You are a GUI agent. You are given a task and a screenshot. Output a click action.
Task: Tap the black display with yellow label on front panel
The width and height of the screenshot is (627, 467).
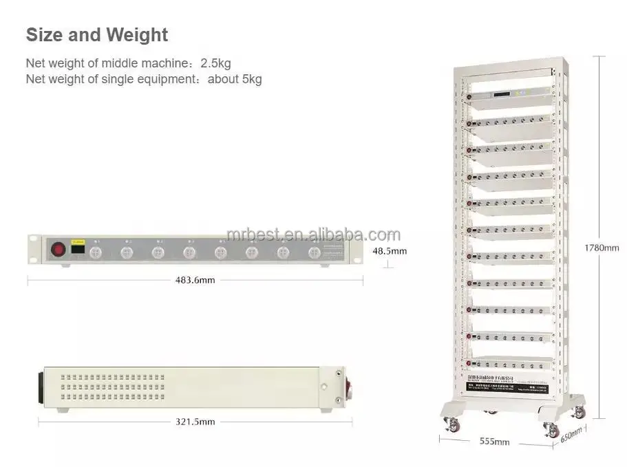pos(78,250)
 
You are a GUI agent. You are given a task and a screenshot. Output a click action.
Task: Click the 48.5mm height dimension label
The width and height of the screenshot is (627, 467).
pos(390,251)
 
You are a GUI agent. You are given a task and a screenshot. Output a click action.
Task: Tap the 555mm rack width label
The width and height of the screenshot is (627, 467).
pos(495,441)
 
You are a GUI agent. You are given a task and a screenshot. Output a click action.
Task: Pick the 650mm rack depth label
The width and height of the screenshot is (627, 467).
pos(571,435)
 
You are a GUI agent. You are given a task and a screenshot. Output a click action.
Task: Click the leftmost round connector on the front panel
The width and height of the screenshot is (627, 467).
pos(96,252)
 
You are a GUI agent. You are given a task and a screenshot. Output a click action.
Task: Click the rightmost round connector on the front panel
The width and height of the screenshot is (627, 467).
pos(313,252)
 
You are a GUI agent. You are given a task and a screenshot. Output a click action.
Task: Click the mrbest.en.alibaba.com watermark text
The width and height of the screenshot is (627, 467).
pos(312,235)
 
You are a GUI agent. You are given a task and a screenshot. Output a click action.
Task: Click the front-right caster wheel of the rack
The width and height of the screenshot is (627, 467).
pos(551,429)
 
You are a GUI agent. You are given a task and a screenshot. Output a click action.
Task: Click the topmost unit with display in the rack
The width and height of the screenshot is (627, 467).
pos(509,96)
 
